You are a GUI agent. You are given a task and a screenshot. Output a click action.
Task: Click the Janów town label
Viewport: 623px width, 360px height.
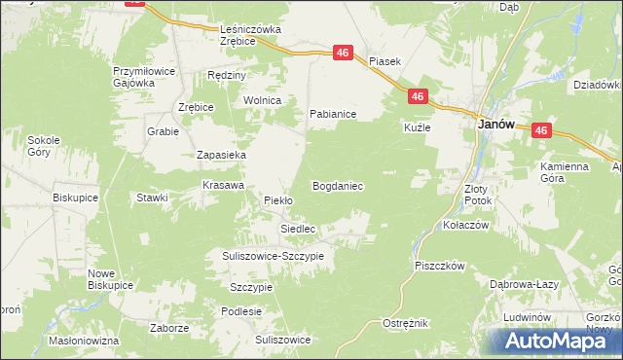click(495, 125)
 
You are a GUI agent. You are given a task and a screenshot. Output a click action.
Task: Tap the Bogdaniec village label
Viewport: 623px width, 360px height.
click(338, 185)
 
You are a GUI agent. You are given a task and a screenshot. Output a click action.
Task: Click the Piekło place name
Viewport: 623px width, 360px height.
click(278, 200)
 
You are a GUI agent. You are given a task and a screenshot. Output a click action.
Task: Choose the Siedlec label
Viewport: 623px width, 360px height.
click(298, 229)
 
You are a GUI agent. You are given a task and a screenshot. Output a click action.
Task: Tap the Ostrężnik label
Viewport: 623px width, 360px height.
click(405, 323)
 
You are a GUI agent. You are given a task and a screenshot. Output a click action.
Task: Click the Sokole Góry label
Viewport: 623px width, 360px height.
click(45, 146)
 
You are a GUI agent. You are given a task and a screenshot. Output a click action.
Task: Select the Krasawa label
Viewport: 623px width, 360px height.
click(221, 184)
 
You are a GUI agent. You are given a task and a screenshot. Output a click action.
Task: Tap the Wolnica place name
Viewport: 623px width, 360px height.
click(262, 100)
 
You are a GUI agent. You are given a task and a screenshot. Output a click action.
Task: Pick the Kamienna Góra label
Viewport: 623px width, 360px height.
click(565, 173)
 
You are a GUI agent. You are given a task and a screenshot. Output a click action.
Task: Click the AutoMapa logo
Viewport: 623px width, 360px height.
click(552, 341)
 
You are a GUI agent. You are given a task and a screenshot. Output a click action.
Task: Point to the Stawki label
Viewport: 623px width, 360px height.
click(152, 198)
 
